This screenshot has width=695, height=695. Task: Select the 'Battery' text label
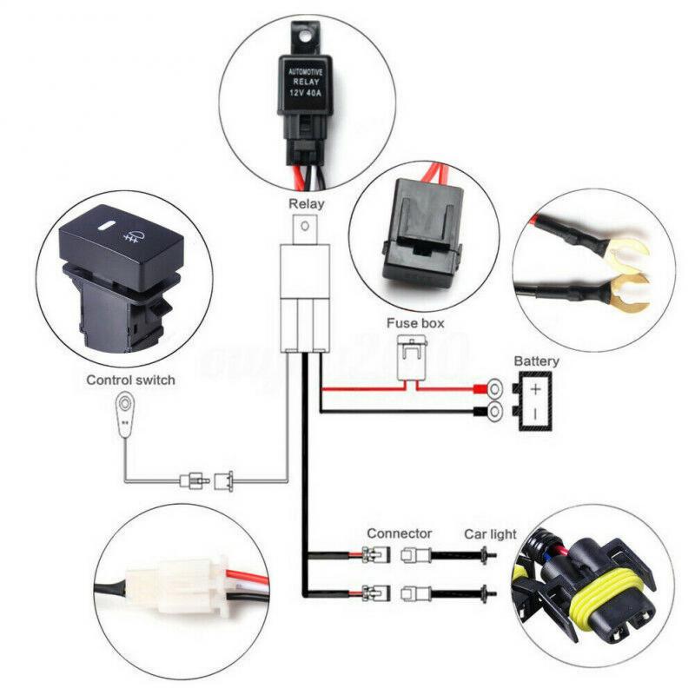click(x=536, y=361)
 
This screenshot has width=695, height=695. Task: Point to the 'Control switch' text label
click(x=130, y=380)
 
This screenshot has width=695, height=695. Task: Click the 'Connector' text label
click(x=399, y=533)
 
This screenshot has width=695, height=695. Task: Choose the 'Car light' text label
click(x=489, y=533)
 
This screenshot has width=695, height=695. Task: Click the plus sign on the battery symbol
click(x=536, y=388)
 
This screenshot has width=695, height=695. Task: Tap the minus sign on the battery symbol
click(x=536, y=413)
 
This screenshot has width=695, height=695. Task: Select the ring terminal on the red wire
click(x=495, y=388)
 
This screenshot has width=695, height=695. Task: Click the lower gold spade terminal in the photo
click(x=632, y=295)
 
